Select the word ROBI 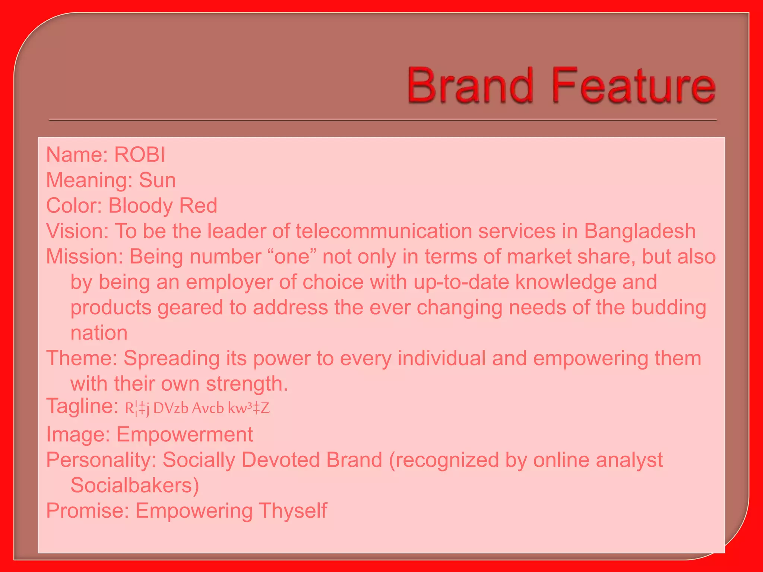pos(139,155)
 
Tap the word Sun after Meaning pos(157,180)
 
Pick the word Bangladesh pos(639,231)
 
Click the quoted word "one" pos(292,257)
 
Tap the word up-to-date pos(461,282)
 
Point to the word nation pos(99,333)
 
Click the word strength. pos(247,384)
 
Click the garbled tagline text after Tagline pos(197,409)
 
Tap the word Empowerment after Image pos(185,434)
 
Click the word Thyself pos(293,511)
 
